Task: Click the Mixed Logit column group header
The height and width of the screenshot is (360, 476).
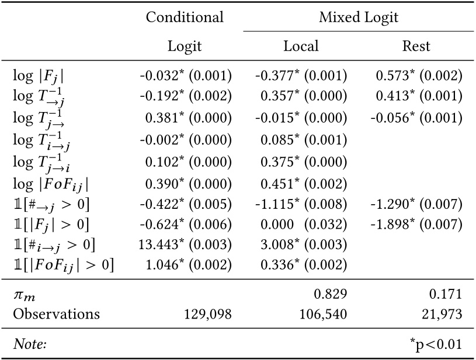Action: [358, 17]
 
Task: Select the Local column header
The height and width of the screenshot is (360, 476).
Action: [301, 46]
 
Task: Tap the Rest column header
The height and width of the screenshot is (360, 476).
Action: [416, 46]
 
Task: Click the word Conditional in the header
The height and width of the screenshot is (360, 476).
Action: [185, 17]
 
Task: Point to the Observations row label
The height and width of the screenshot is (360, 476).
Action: [56, 314]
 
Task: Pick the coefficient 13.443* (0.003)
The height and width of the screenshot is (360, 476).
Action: [185, 244]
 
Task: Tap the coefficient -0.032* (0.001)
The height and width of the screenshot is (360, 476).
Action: [185, 75]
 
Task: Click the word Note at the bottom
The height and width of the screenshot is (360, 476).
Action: [29, 344]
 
